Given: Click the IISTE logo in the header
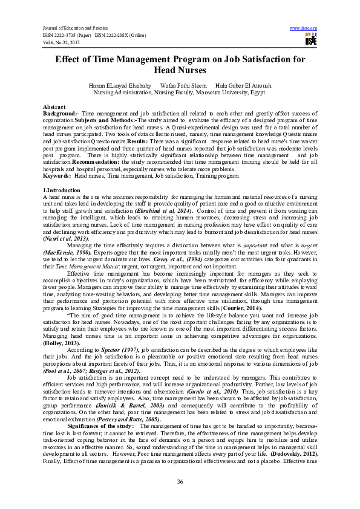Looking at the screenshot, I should tap(311, 40).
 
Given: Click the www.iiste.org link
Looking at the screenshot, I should tap(304, 28).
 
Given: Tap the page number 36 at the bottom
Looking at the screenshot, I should tap(180, 481).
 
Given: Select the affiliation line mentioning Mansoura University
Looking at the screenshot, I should tap(180, 93).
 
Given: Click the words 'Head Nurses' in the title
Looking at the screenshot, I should tap(180, 70).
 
